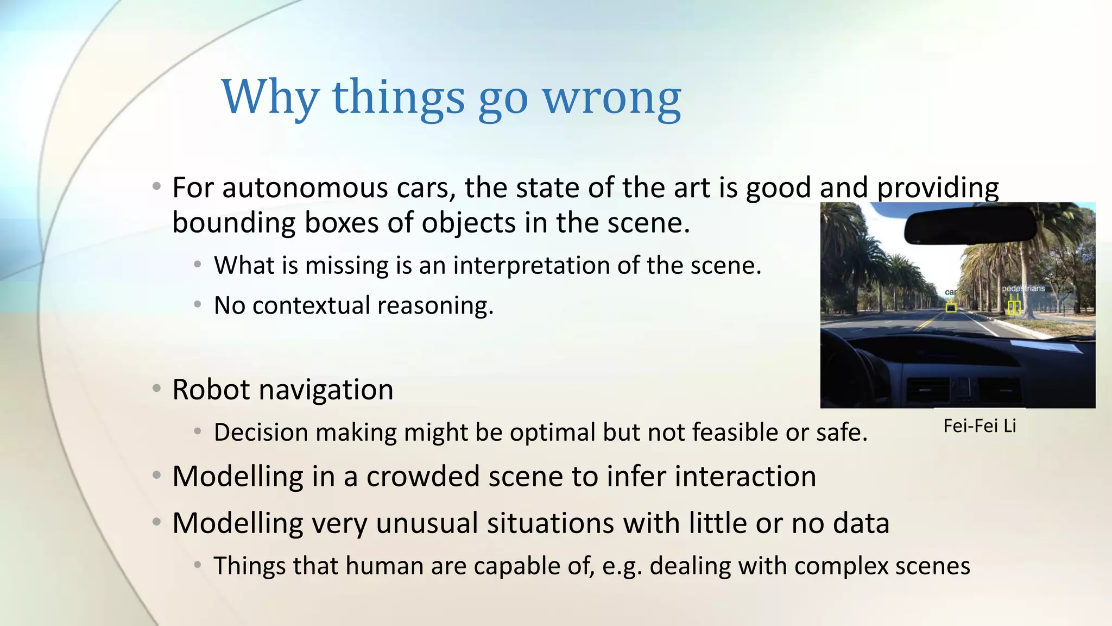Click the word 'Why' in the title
[x=270, y=98]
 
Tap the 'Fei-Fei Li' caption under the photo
[x=980, y=426]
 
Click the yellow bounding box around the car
[x=951, y=308]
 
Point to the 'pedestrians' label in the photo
[x=1023, y=289]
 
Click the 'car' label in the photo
[x=950, y=292]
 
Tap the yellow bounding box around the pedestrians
[x=1014, y=308]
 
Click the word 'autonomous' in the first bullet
[x=306, y=189]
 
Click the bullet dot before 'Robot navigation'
[x=157, y=389]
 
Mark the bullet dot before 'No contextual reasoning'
[x=198, y=305]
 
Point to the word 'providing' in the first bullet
[x=938, y=189]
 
